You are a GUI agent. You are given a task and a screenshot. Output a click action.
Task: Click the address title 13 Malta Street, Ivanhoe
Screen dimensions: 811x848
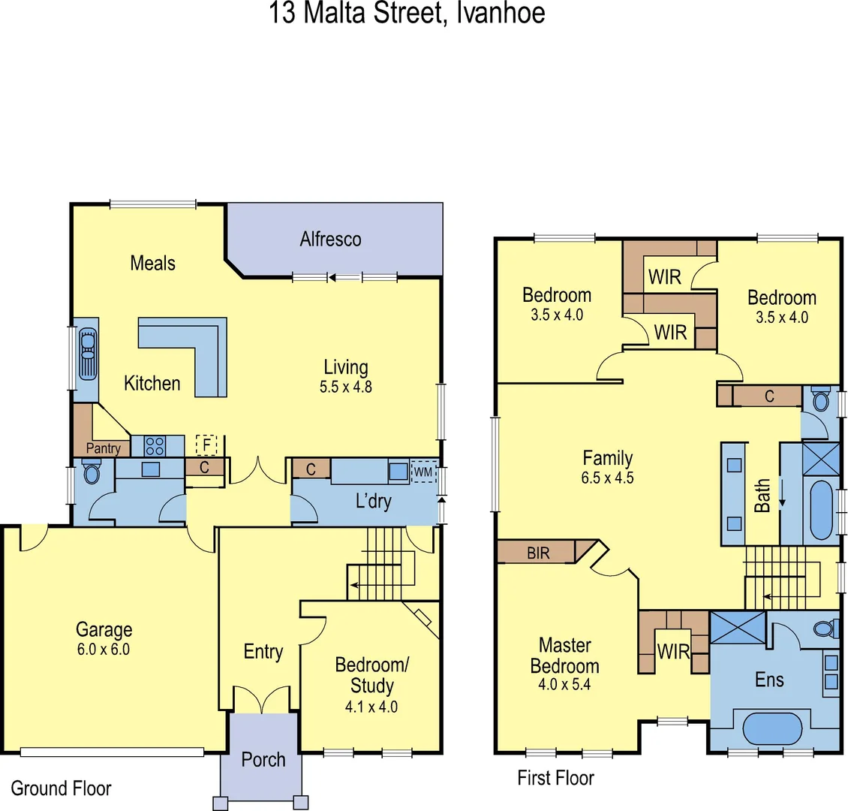407,14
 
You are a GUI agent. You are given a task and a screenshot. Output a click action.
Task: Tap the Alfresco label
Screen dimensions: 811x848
330,240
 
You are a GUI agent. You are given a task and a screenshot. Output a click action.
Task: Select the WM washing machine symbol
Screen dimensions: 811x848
423,472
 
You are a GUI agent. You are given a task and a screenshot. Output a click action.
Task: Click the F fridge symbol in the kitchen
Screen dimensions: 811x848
206,445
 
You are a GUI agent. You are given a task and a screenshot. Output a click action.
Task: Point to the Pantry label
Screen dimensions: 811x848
103,448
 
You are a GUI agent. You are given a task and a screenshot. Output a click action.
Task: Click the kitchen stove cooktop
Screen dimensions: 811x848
155,446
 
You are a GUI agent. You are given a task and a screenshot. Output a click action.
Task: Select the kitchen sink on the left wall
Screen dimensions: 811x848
88,356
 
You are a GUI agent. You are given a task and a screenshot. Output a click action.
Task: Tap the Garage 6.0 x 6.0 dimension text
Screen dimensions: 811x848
104,650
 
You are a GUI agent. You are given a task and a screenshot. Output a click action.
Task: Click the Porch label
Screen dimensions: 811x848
263,760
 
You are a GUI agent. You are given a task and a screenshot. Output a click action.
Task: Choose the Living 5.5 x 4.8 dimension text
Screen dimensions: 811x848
345,387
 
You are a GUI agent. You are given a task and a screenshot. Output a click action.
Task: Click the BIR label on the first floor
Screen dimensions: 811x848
538,553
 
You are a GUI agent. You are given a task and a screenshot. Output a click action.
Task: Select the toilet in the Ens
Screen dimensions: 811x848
823,629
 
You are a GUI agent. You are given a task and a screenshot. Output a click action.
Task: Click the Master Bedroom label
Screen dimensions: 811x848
564,656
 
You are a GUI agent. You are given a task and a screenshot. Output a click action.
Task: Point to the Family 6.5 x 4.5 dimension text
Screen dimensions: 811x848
607,478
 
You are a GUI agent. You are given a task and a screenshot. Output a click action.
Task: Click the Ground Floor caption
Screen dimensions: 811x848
61,788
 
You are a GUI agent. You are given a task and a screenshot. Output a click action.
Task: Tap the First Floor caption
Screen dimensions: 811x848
555,778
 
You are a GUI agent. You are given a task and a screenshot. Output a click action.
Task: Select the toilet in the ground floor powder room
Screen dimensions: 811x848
92,473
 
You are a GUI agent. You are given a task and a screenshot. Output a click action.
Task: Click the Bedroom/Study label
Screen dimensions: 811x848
371,675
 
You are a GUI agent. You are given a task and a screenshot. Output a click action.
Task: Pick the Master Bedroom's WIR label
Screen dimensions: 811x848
672,652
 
